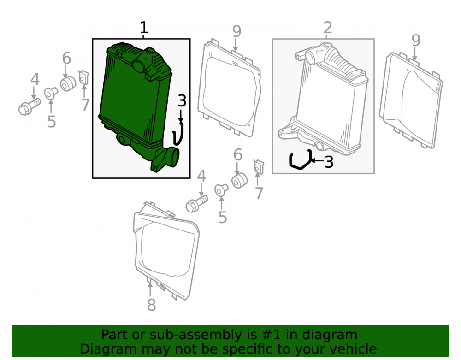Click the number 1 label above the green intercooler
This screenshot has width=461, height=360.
143,28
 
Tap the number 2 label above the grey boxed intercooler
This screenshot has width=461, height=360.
327,28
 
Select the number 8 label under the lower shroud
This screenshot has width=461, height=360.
151,305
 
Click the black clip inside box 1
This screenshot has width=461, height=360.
178,134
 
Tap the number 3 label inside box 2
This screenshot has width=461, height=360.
329,162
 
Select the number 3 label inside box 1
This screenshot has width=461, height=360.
182,101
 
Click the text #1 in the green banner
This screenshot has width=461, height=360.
271,335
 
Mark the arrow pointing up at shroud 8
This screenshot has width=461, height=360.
150,289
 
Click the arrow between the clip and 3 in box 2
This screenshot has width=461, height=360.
317,160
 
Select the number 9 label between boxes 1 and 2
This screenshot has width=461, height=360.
236,31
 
